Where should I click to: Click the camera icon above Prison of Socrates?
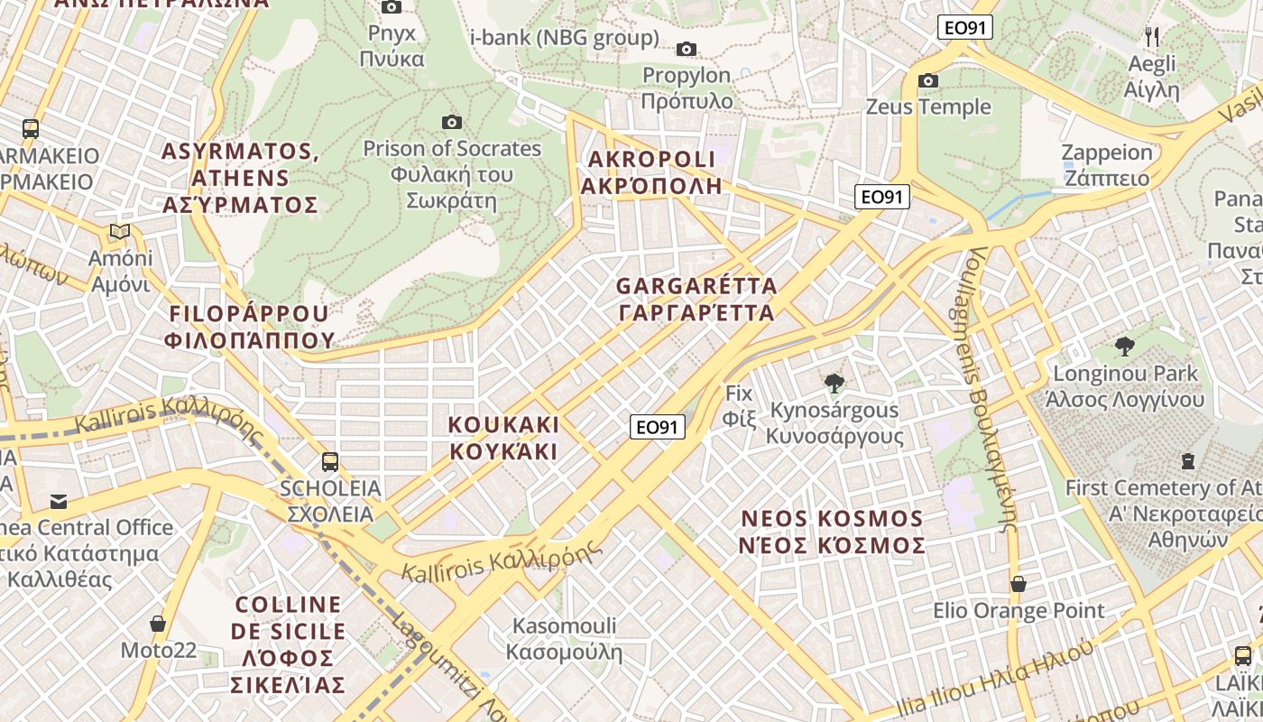[452, 122]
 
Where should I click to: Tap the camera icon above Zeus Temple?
[927, 81]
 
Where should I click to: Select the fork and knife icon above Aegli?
[1151, 36]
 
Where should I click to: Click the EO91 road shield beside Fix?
[657, 427]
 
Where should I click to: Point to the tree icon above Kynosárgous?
[834, 384]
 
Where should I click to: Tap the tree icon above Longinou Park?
[1124, 346]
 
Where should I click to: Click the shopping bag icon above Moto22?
[158, 624]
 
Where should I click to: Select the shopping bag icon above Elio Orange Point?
[1018, 584]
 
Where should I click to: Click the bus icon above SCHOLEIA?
[330, 462]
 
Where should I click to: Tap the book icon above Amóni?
[120, 232]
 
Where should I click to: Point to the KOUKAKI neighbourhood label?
[504, 438]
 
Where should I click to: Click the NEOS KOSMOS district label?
[832, 532]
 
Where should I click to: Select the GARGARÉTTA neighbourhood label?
[696, 300]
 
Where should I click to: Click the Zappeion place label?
[1107, 164]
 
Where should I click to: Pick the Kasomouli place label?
[564, 638]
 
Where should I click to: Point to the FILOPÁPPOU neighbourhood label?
[250, 327]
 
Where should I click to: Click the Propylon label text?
[687, 88]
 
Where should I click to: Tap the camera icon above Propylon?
[687, 49]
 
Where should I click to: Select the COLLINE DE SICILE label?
[288, 644]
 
